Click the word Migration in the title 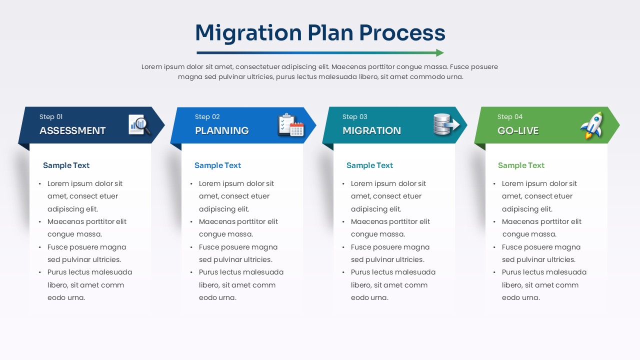248,33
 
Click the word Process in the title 402,33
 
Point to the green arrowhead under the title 440,52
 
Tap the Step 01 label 51,117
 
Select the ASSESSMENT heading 72,130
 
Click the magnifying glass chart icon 139,125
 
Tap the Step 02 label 207,117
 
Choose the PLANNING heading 221,130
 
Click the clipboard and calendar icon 291,125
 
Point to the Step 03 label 354,117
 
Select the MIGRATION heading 371,130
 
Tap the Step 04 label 509,117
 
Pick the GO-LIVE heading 517,130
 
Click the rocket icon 592,125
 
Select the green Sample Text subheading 521,165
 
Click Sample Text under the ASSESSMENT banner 66,165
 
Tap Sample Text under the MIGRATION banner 369,165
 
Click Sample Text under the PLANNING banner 217,165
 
